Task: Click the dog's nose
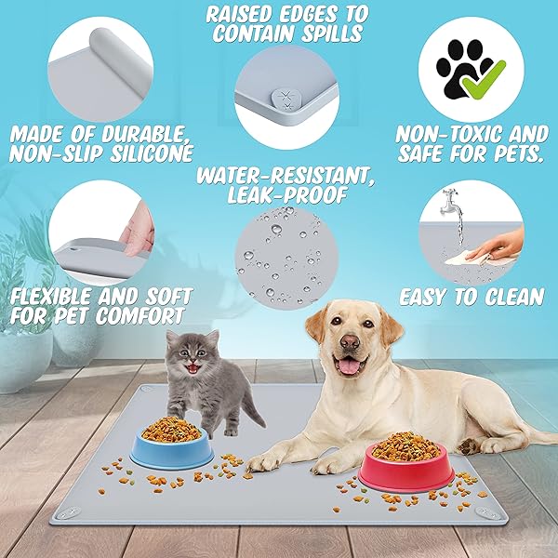350,342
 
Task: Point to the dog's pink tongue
349,365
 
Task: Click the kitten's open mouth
193,367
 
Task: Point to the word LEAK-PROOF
287,194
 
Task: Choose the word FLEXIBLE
51,297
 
